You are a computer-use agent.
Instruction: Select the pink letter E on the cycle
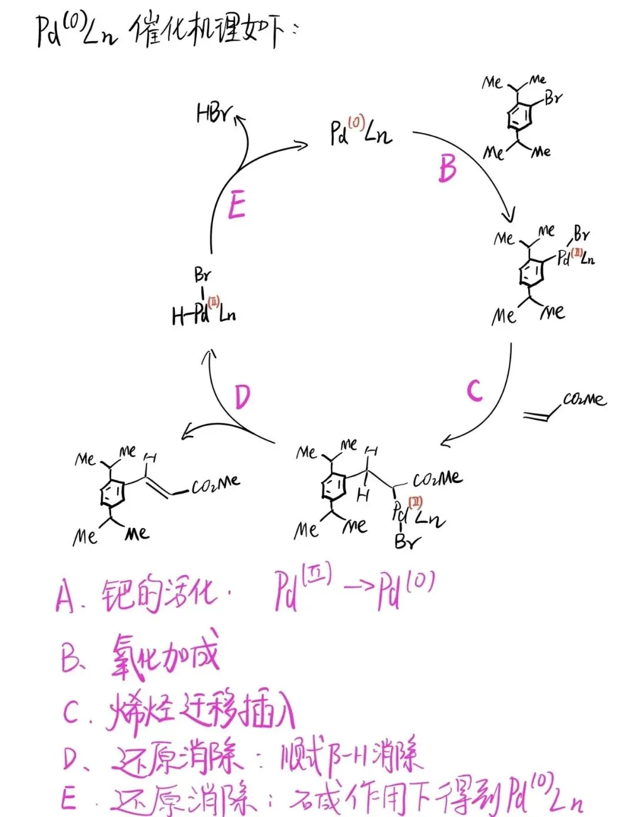click(x=236, y=205)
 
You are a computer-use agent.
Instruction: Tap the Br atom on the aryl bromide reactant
click(x=553, y=98)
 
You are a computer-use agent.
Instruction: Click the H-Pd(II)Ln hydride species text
click(x=204, y=315)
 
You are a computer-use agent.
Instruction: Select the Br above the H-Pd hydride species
click(x=202, y=274)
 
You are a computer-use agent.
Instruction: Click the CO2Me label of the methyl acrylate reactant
click(x=584, y=399)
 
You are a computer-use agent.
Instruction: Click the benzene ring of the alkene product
click(x=112, y=493)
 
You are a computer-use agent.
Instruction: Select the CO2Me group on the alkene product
click(x=216, y=485)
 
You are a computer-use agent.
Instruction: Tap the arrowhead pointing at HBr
click(x=240, y=120)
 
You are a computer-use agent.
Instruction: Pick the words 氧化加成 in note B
click(x=165, y=656)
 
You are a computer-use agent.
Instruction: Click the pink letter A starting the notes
click(x=65, y=596)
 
